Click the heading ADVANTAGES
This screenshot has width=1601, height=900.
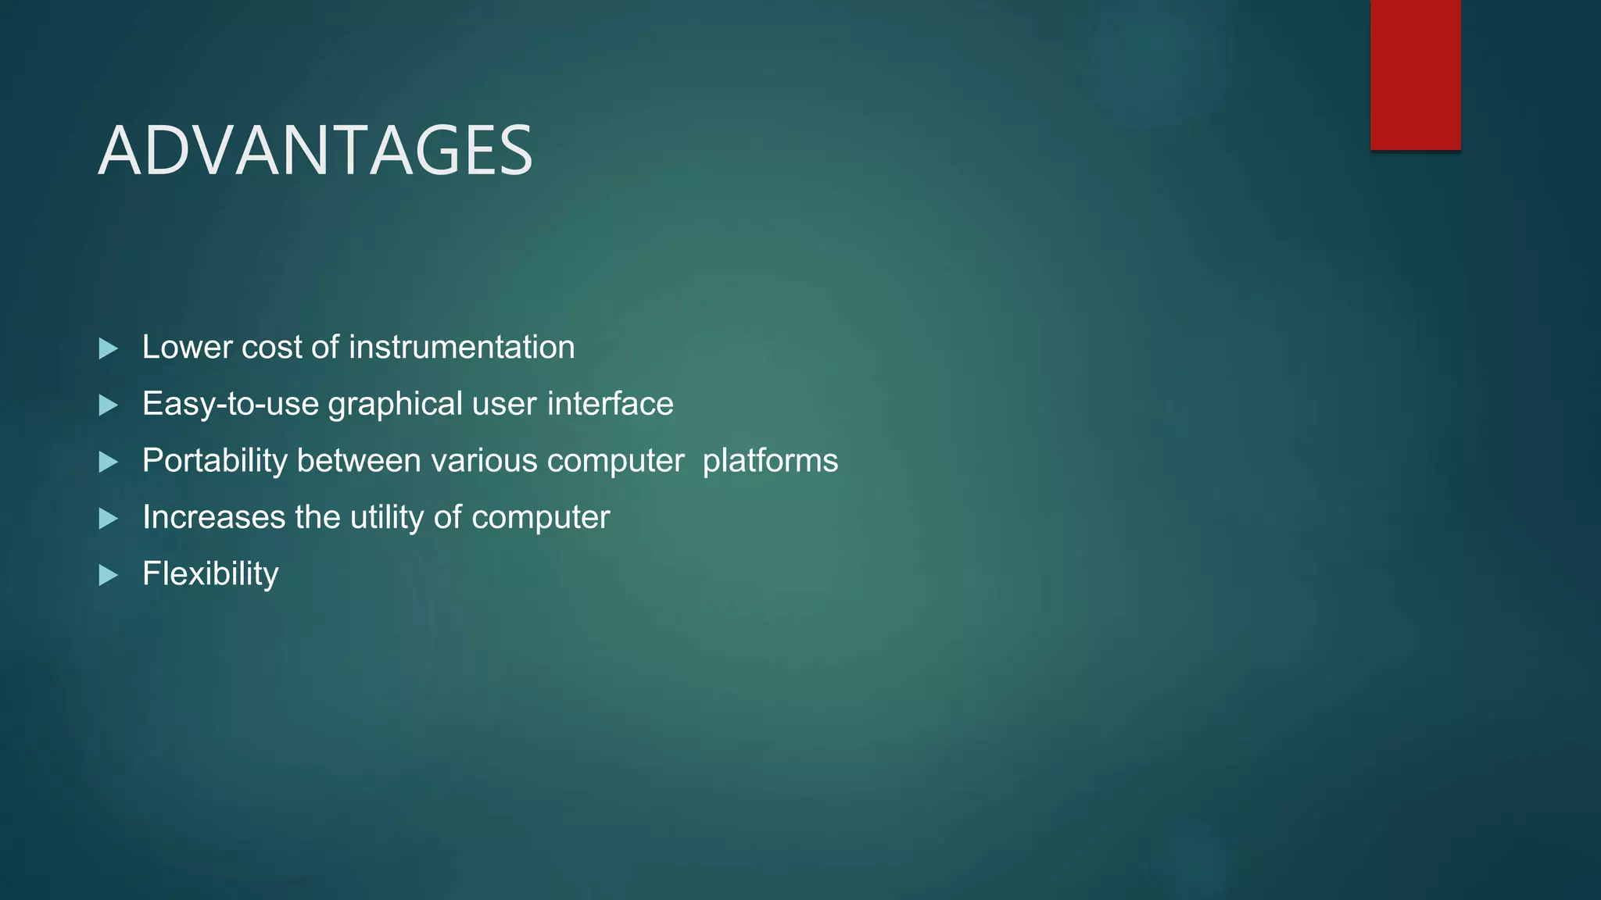[x=315, y=150]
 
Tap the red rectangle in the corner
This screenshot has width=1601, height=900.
[x=1415, y=74]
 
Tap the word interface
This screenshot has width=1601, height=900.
[x=610, y=405]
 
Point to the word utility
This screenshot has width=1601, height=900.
[x=387, y=518]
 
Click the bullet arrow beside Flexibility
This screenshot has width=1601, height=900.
[x=109, y=576]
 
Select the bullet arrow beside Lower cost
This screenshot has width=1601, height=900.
[x=109, y=348]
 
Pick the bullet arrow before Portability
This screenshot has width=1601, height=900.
[x=109, y=462]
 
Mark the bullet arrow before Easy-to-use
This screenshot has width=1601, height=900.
[x=109, y=405]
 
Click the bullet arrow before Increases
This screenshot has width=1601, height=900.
[x=109, y=519]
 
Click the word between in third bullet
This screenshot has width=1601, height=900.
[x=359, y=461]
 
